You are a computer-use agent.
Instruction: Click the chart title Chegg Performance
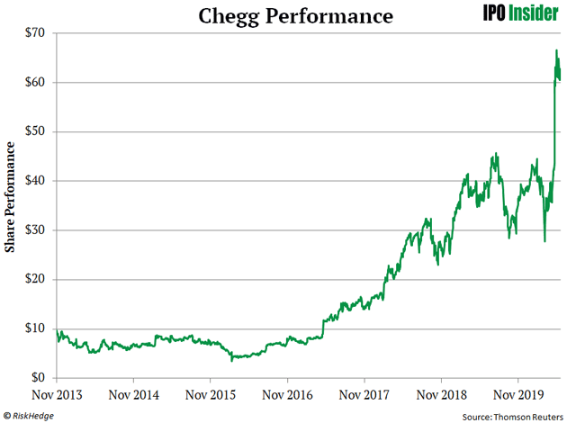(283, 16)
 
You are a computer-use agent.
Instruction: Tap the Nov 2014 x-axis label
(133, 394)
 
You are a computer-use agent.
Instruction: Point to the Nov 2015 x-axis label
(211, 394)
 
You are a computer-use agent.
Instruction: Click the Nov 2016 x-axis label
(287, 394)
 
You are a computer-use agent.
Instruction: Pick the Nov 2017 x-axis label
(364, 394)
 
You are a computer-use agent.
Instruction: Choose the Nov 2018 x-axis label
(441, 394)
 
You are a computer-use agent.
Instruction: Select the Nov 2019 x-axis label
(518, 394)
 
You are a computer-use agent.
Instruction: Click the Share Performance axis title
(10, 205)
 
